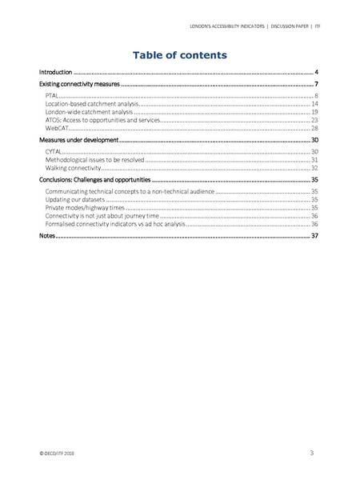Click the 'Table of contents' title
pyautogui.click(x=180, y=55)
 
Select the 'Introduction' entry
pyautogui.click(x=56, y=72)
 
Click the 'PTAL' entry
pyautogui.click(x=54, y=96)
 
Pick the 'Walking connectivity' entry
pyautogui.click(x=74, y=168)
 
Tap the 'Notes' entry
pyautogui.click(x=48, y=237)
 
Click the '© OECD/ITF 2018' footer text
pyautogui.click(x=57, y=453)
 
